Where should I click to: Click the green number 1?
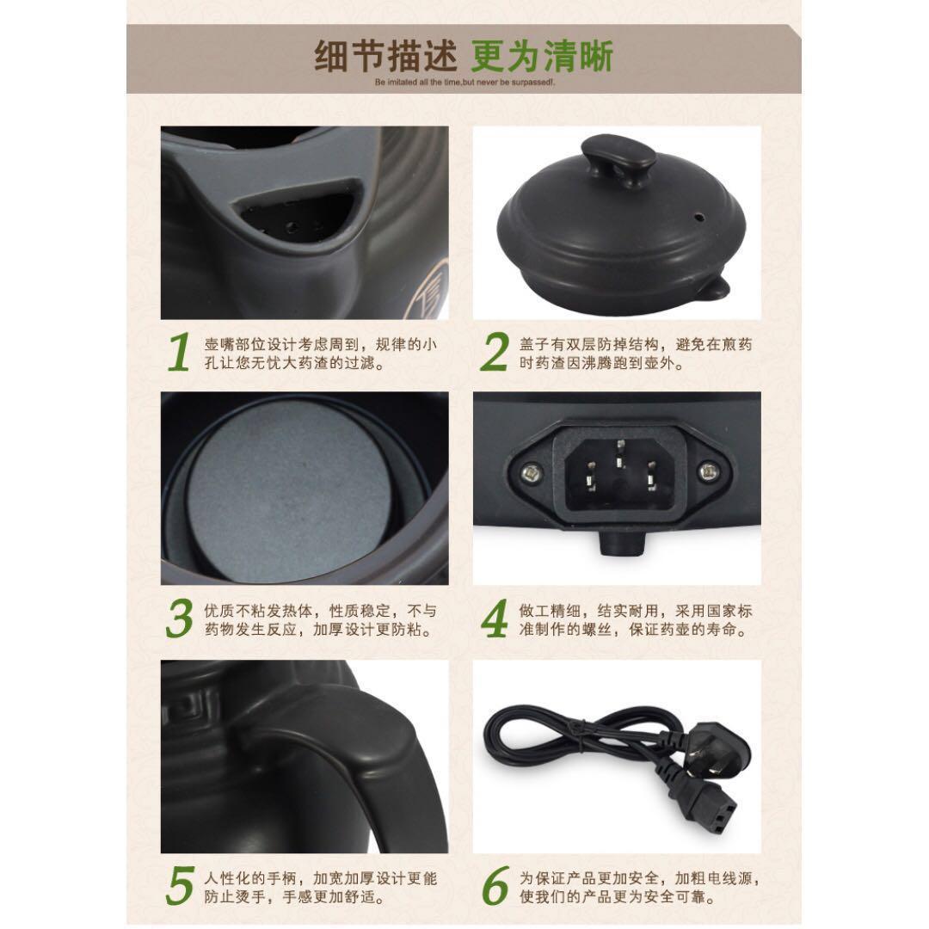coord(177,352)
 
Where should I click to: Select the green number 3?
coord(179,619)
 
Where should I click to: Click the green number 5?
coord(178,886)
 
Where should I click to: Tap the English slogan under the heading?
coord(464,83)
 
